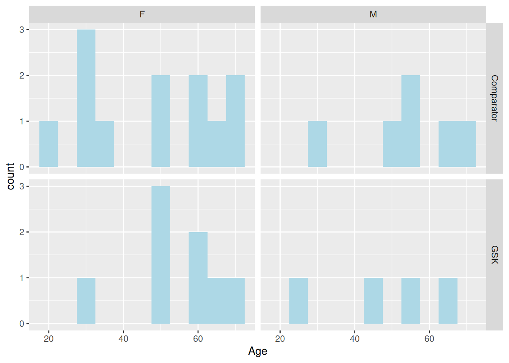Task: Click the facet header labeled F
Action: (x=142, y=14)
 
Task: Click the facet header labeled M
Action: (x=373, y=14)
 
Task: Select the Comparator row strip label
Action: (x=494, y=98)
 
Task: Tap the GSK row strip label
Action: (x=494, y=254)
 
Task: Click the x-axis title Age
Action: (x=258, y=351)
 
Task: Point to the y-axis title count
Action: (x=10, y=176)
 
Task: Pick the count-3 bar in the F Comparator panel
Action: (x=86, y=98)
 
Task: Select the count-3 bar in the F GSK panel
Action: (x=161, y=255)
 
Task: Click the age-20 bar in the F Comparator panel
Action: (x=48, y=144)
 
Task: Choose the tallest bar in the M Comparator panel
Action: (x=411, y=121)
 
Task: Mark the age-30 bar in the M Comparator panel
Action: (x=317, y=144)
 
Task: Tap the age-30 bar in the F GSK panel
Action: (x=86, y=301)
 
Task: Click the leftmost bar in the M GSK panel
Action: (x=298, y=301)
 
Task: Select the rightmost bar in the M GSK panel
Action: (x=448, y=301)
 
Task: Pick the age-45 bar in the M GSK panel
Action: (x=373, y=301)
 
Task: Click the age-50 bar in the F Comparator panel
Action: (x=161, y=121)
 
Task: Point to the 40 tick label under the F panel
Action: (x=123, y=339)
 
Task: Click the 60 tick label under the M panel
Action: (x=429, y=339)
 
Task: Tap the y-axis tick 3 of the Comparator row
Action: (x=22, y=29)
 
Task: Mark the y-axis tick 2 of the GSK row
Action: (x=22, y=232)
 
